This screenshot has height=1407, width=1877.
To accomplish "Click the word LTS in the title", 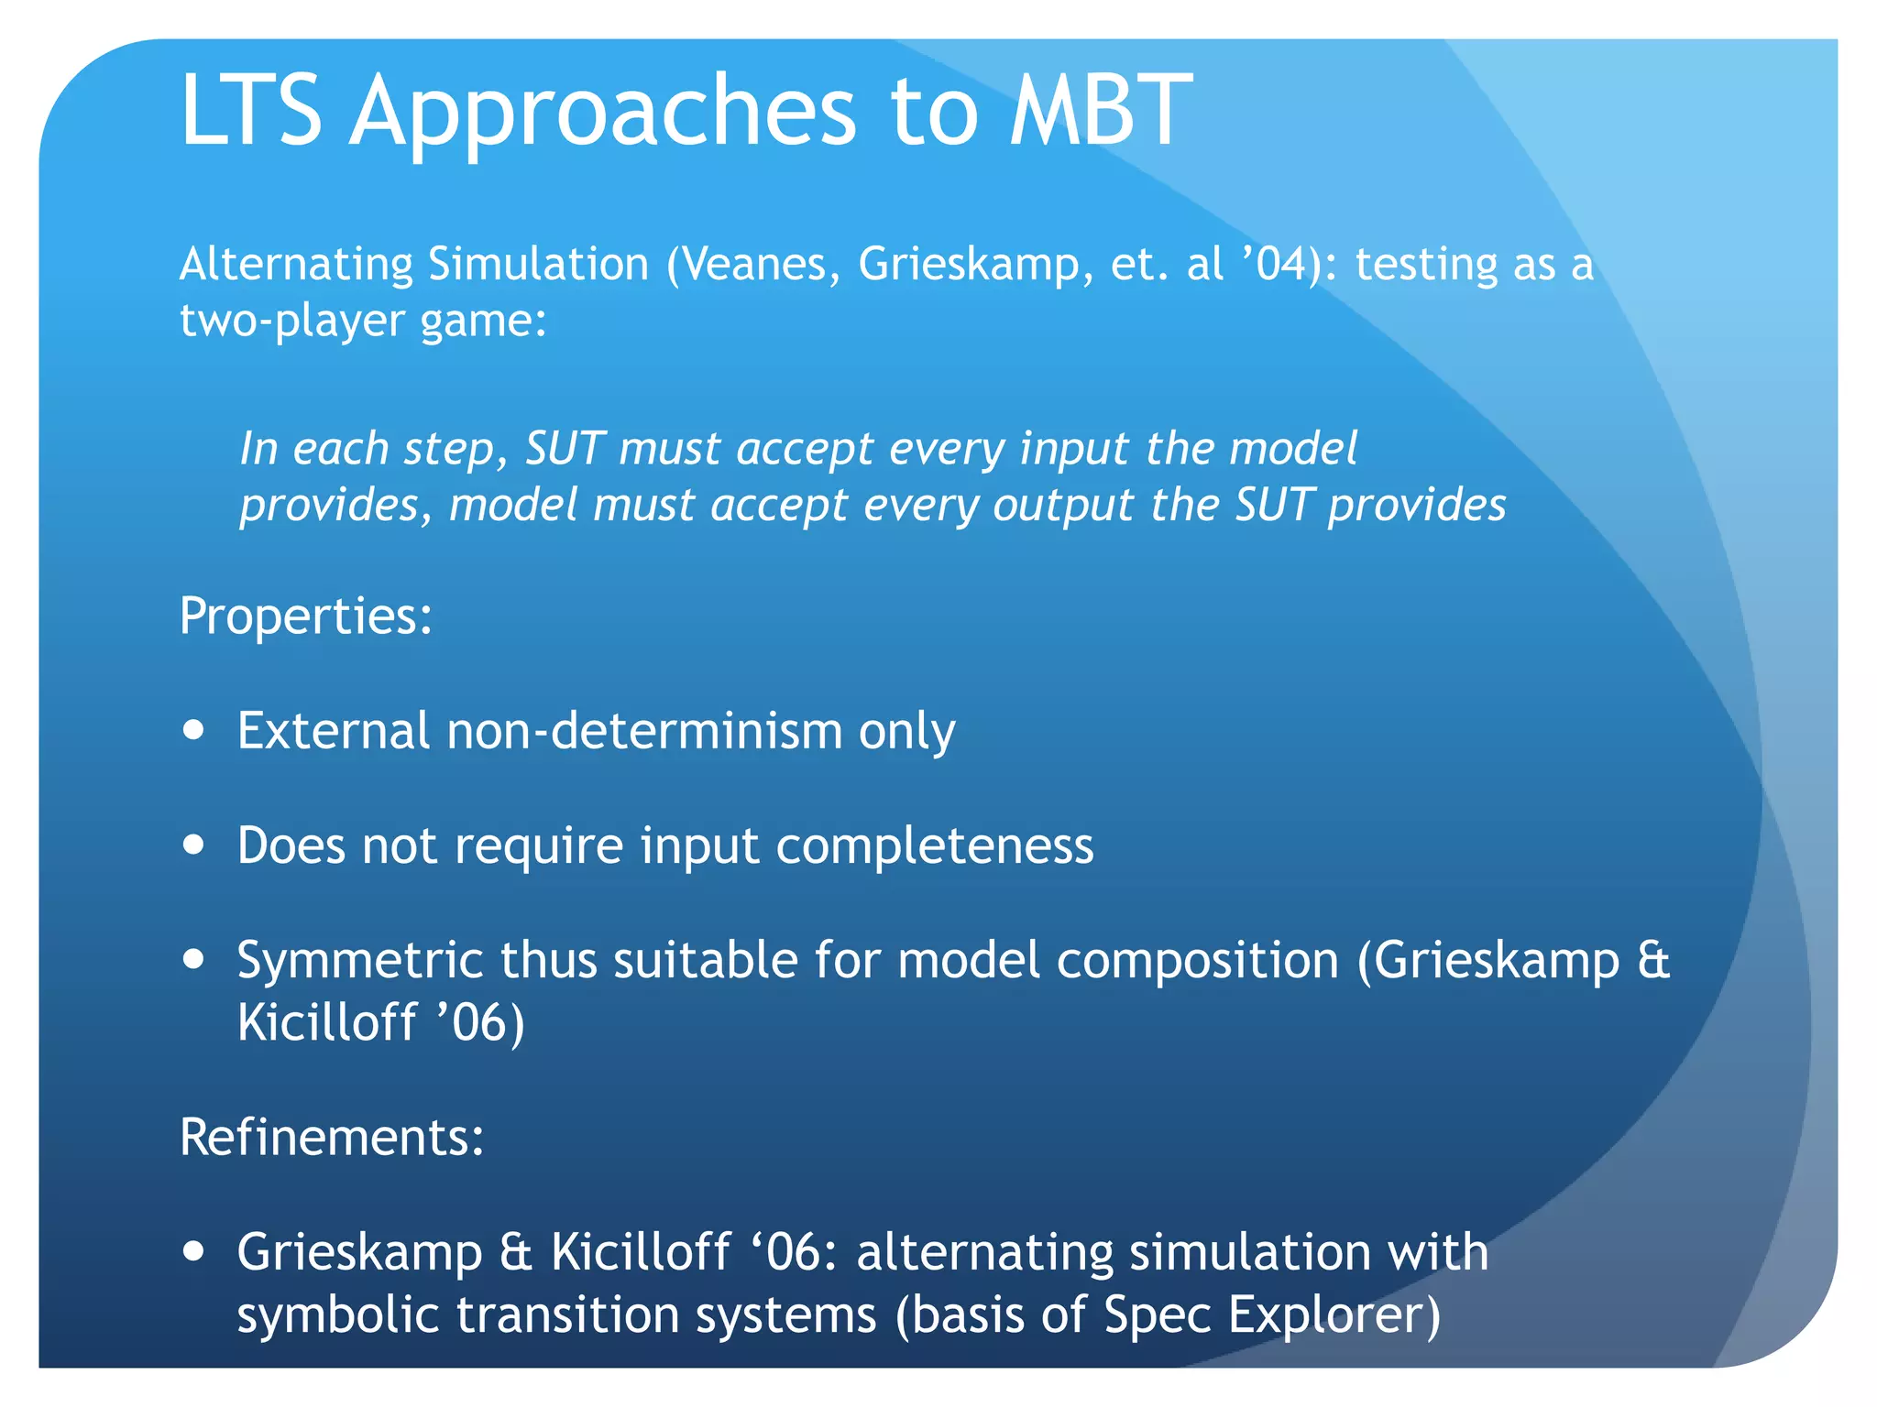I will click(x=251, y=112).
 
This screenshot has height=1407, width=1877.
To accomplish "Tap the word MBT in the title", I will click(x=1100, y=112).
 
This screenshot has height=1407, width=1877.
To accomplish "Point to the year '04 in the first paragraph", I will click(x=1274, y=265).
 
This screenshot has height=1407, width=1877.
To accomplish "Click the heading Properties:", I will click(x=305, y=616).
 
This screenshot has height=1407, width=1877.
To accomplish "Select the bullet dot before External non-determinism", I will click(x=193, y=731).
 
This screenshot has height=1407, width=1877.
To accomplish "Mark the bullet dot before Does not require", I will click(x=193, y=845).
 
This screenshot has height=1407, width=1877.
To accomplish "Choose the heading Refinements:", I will click(x=331, y=1138).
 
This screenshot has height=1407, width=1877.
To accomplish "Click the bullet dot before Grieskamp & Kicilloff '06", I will click(x=193, y=1251).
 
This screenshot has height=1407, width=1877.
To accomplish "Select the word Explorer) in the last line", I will click(x=1334, y=1315).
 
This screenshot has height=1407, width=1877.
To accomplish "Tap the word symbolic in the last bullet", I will click(x=338, y=1315).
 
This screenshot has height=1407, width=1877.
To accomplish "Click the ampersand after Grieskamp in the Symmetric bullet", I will click(x=1653, y=962).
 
